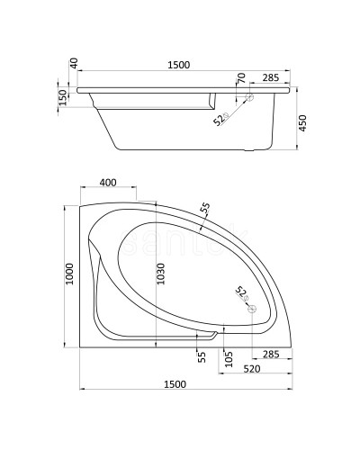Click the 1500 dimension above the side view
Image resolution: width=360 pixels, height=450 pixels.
click(x=179, y=65)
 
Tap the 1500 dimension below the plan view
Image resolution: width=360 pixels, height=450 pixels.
click(x=175, y=384)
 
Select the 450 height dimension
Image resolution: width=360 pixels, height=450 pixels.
click(x=302, y=123)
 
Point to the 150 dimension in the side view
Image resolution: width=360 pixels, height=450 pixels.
click(x=63, y=97)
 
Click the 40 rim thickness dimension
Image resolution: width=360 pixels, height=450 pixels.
click(x=74, y=63)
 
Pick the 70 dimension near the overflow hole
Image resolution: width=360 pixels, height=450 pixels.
click(x=241, y=78)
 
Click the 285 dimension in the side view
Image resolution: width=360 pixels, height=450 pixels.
click(x=271, y=77)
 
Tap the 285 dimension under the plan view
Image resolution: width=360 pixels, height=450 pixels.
click(x=271, y=355)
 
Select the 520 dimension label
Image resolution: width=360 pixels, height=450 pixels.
click(x=252, y=369)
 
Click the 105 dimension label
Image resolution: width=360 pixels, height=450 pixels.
click(x=229, y=359)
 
